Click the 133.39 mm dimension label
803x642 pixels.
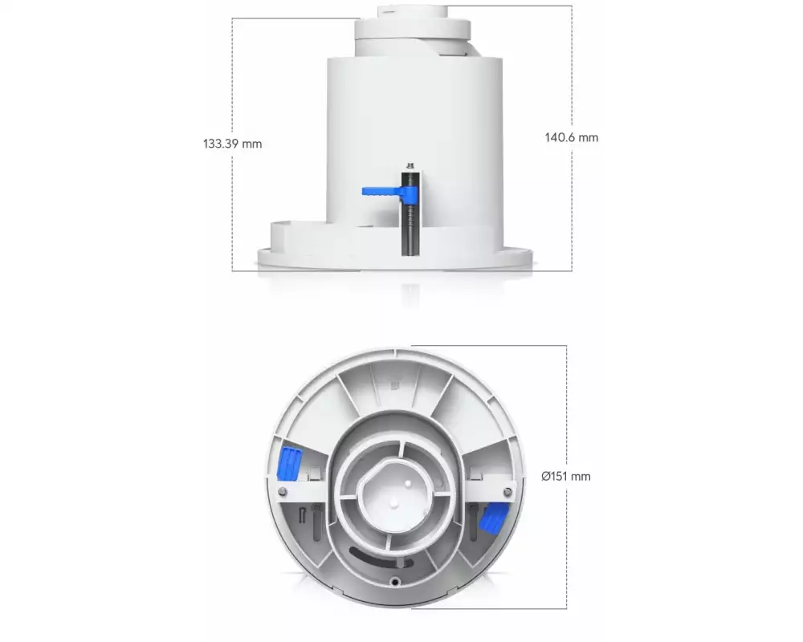click(233, 144)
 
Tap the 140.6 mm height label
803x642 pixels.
click(572, 137)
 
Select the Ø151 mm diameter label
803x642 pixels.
click(566, 477)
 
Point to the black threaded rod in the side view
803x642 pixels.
click(410, 213)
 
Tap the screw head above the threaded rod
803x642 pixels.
click(410, 165)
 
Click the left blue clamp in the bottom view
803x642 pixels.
click(289, 464)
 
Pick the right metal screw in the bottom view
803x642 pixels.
click(507, 492)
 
